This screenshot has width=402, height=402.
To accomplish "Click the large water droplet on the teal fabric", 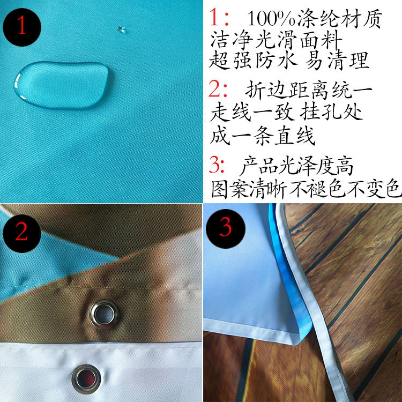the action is pos(62,85).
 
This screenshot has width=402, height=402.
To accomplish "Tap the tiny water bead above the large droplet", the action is pos(121,29).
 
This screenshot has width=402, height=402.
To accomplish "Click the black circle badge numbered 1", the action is pos(22,27).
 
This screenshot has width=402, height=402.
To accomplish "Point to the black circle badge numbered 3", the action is pos(226,229).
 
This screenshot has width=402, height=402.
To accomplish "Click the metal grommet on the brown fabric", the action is pos(105,314).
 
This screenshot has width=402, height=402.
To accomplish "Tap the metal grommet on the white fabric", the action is pos(86,379).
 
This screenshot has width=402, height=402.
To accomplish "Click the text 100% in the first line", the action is pos(271,19).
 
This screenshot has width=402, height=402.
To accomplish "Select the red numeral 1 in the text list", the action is pos(214,18).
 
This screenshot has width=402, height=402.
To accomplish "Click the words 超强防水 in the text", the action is pos(254,60).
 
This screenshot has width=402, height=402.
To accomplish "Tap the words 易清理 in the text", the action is pos(337,60).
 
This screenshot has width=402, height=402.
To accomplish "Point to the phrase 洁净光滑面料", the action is pos(277,40).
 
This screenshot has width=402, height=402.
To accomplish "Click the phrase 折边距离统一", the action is pos(309,89).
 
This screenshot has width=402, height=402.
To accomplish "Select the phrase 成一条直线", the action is pos(263,136).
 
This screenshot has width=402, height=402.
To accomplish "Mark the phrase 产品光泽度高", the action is pos(297,166).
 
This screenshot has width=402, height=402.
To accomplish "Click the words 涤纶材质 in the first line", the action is pos(340,18).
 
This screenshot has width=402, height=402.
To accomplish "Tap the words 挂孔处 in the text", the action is pos(331,112).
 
